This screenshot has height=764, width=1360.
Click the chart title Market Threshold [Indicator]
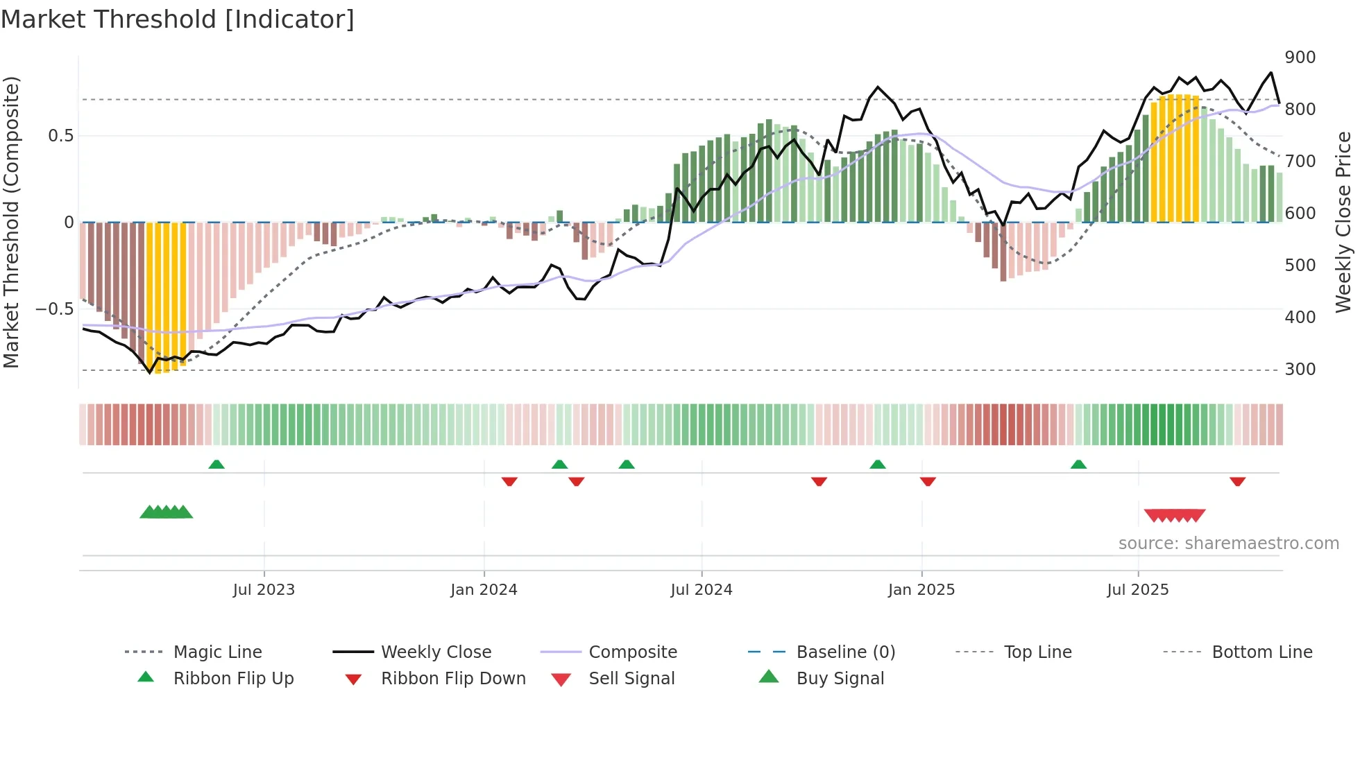point(178,19)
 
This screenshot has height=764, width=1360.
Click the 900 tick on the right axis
point(1300,58)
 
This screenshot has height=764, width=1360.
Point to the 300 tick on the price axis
point(1300,370)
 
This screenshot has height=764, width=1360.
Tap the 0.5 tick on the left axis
point(60,136)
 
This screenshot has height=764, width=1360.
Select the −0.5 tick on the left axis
point(55,309)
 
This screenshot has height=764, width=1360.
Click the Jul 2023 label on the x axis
point(264,590)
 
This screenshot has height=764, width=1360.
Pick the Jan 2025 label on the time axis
point(921,590)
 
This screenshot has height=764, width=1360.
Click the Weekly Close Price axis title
point(1343,222)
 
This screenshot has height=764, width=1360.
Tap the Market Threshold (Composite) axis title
point(12,222)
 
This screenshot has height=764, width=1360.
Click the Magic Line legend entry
point(217,652)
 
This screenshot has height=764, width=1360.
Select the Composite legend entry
point(632,652)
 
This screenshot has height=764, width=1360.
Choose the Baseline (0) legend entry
point(845,652)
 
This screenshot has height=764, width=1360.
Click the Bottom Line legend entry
point(1261,652)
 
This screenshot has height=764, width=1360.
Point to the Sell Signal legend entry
point(631,679)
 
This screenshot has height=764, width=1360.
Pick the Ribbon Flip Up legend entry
point(233,679)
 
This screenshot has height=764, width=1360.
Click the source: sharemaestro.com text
point(1228,544)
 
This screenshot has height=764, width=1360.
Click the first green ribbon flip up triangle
point(216,465)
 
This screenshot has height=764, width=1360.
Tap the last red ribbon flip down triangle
point(1237,481)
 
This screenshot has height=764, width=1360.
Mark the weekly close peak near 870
point(1270,73)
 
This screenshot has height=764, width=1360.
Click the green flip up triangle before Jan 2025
point(877,465)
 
